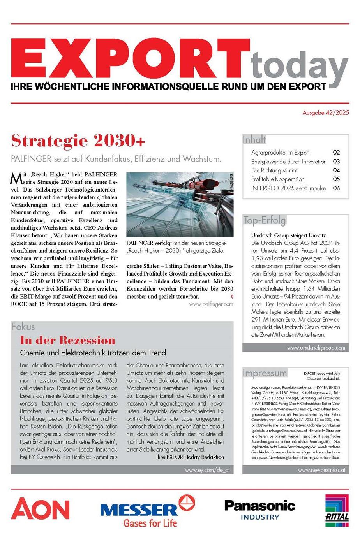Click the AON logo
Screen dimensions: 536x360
(x=40, y=508)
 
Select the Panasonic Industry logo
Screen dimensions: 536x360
(x=259, y=510)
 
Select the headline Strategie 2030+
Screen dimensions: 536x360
(x=78, y=141)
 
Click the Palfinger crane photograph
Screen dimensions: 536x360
(x=180, y=205)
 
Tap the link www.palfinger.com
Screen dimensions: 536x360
(x=211, y=304)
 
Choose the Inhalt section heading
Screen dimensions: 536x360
(x=254, y=139)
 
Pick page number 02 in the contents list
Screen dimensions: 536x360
(x=336, y=153)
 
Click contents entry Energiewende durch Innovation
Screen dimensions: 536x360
(x=289, y=162)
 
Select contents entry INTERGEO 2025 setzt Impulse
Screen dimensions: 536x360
(x=289, y=188)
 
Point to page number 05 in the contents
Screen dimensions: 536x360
(x=336, y=179)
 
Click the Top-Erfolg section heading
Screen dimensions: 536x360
(x=265, y=220)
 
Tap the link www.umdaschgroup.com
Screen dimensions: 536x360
(x=316, y=348)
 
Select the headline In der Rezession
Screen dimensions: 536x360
(x=68, y=340)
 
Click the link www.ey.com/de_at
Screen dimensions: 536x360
(x=207, y=470)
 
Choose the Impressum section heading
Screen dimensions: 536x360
(x=265, y=373)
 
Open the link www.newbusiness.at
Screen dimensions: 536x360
(x=321, y=470)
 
